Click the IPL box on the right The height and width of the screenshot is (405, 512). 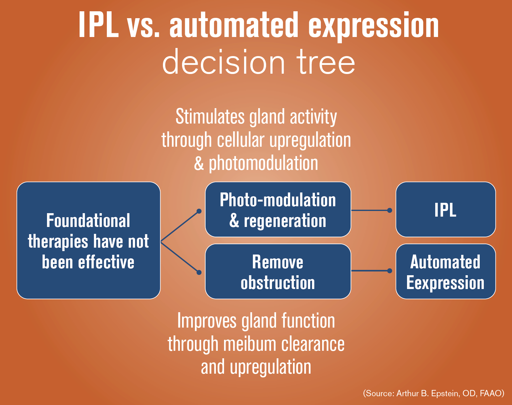coord(445,209)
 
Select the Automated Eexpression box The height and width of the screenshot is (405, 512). coord(445,271)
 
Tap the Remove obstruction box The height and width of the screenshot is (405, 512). coord(278,271)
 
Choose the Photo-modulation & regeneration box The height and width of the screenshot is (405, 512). coord(278,209)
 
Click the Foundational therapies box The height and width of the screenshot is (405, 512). coord(88,240)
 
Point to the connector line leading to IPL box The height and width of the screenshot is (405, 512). coord(370,210)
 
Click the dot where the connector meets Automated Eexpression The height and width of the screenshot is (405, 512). coord(389,271)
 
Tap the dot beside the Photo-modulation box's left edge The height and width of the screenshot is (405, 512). coord(199,211)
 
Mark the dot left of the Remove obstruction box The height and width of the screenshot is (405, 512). coord(199,272)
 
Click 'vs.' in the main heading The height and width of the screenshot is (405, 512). coord(144,26)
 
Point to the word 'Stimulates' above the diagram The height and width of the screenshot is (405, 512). coord(210,117)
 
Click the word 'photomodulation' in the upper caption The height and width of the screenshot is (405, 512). coord(263,163)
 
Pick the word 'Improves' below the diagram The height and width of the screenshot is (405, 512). coord(207,321)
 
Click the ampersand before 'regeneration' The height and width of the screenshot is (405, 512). coord(234,221)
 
